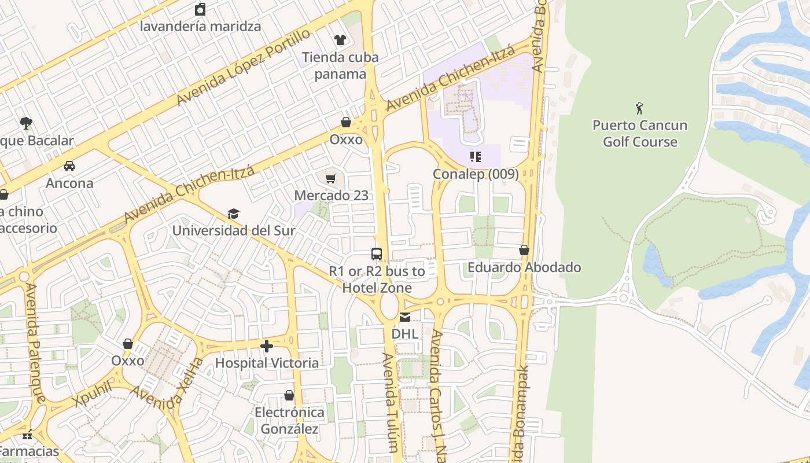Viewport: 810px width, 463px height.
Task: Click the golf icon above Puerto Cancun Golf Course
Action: pyautogui.click(x=639, y=108)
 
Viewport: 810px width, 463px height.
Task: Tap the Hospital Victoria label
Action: pyautogui.click(x=267, y=363)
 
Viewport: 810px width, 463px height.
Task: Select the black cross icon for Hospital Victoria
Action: pyautogui.click(x=267, y=346)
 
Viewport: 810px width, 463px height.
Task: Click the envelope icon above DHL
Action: pyautogui.click(x=405, y=317)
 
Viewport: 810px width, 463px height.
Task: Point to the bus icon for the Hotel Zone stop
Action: pyautogui.click(x=377, y=253)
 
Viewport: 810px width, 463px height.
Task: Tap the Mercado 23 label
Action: pyautogui.click(x=331, y=196)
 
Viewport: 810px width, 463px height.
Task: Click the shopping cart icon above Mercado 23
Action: pyautogui.click(x=331, y=179)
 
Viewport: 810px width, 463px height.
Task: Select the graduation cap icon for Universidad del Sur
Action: pyautogui.click(x=233, y=214)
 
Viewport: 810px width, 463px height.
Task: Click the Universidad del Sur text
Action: pyautogui.click(x=234, y=230)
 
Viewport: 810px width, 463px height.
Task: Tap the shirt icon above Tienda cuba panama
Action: pyautogui.click(x=340, y=40)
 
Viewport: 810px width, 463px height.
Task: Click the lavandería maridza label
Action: pyautogui.click(x=200, y=26)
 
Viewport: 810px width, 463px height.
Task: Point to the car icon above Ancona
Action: pyautogui.click(x=69, y=166)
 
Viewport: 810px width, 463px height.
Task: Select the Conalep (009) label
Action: pyautogui.click(x=476, y=174)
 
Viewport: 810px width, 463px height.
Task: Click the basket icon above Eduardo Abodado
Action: pyautogui.click(x=524, y=251)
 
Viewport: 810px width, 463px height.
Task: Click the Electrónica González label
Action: pyautogui.click(x=289, y=421)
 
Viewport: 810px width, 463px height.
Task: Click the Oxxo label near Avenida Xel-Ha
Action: pyautogui.click(x=128, y=361)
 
